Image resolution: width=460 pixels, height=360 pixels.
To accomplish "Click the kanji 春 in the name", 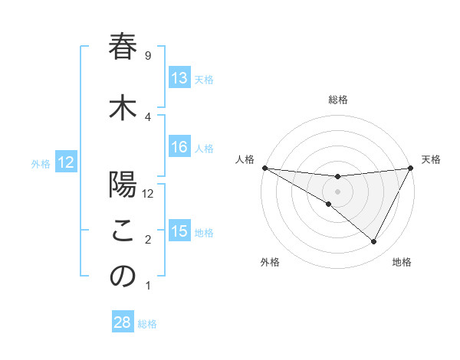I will (x=123, y=48).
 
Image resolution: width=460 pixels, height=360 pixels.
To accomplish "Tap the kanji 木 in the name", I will (x=123, y=108).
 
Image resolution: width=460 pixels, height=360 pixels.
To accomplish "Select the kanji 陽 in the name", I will (x=123, y=185).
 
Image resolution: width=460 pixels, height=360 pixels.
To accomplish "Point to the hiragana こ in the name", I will (x=123, y=231).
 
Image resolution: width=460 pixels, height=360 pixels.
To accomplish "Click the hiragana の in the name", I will (x=123, y=277).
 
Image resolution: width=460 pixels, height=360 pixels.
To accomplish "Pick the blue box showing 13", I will (x=179, y=78).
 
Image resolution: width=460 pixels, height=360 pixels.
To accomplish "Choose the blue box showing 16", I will (x=179, y=147).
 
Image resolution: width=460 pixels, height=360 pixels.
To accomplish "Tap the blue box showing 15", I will (x=179, y=231).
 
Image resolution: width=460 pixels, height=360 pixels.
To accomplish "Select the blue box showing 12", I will (x=66, y=162).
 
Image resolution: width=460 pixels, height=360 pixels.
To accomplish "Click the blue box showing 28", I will (x=123, y=323).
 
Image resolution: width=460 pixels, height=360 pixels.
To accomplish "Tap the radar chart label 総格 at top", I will (x=337, y=100).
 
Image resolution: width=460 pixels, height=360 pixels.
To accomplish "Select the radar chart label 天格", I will (x=432, y=159).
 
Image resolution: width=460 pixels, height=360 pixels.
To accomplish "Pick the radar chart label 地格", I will (x=402, y=262).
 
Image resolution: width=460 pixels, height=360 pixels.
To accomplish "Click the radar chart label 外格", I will (x=270, y=262).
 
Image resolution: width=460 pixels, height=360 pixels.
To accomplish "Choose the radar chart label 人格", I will (x=245, y=159).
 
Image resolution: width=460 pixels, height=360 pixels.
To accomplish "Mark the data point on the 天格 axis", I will (x=411, y=167).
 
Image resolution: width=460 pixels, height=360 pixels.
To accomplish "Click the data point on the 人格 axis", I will (x=264, y=167).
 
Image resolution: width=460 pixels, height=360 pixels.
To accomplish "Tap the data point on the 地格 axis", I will (x=374, y=242).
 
